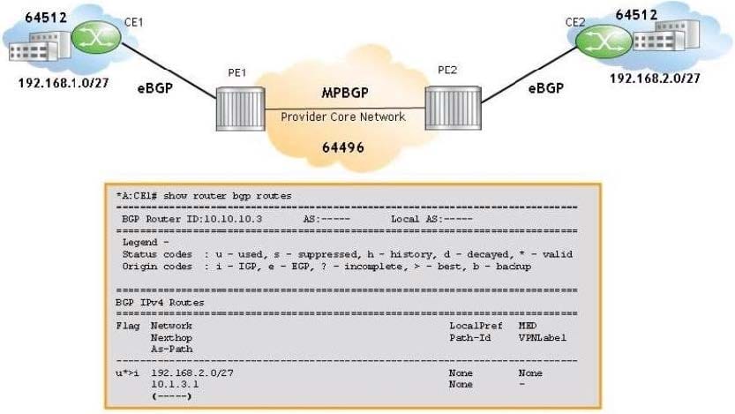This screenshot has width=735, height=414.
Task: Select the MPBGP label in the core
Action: [341, 93]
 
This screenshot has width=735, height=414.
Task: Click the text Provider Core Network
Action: [342, 117]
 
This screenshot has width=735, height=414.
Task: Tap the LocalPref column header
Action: [475, 326]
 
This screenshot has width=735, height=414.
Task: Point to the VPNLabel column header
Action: [542, 337]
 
